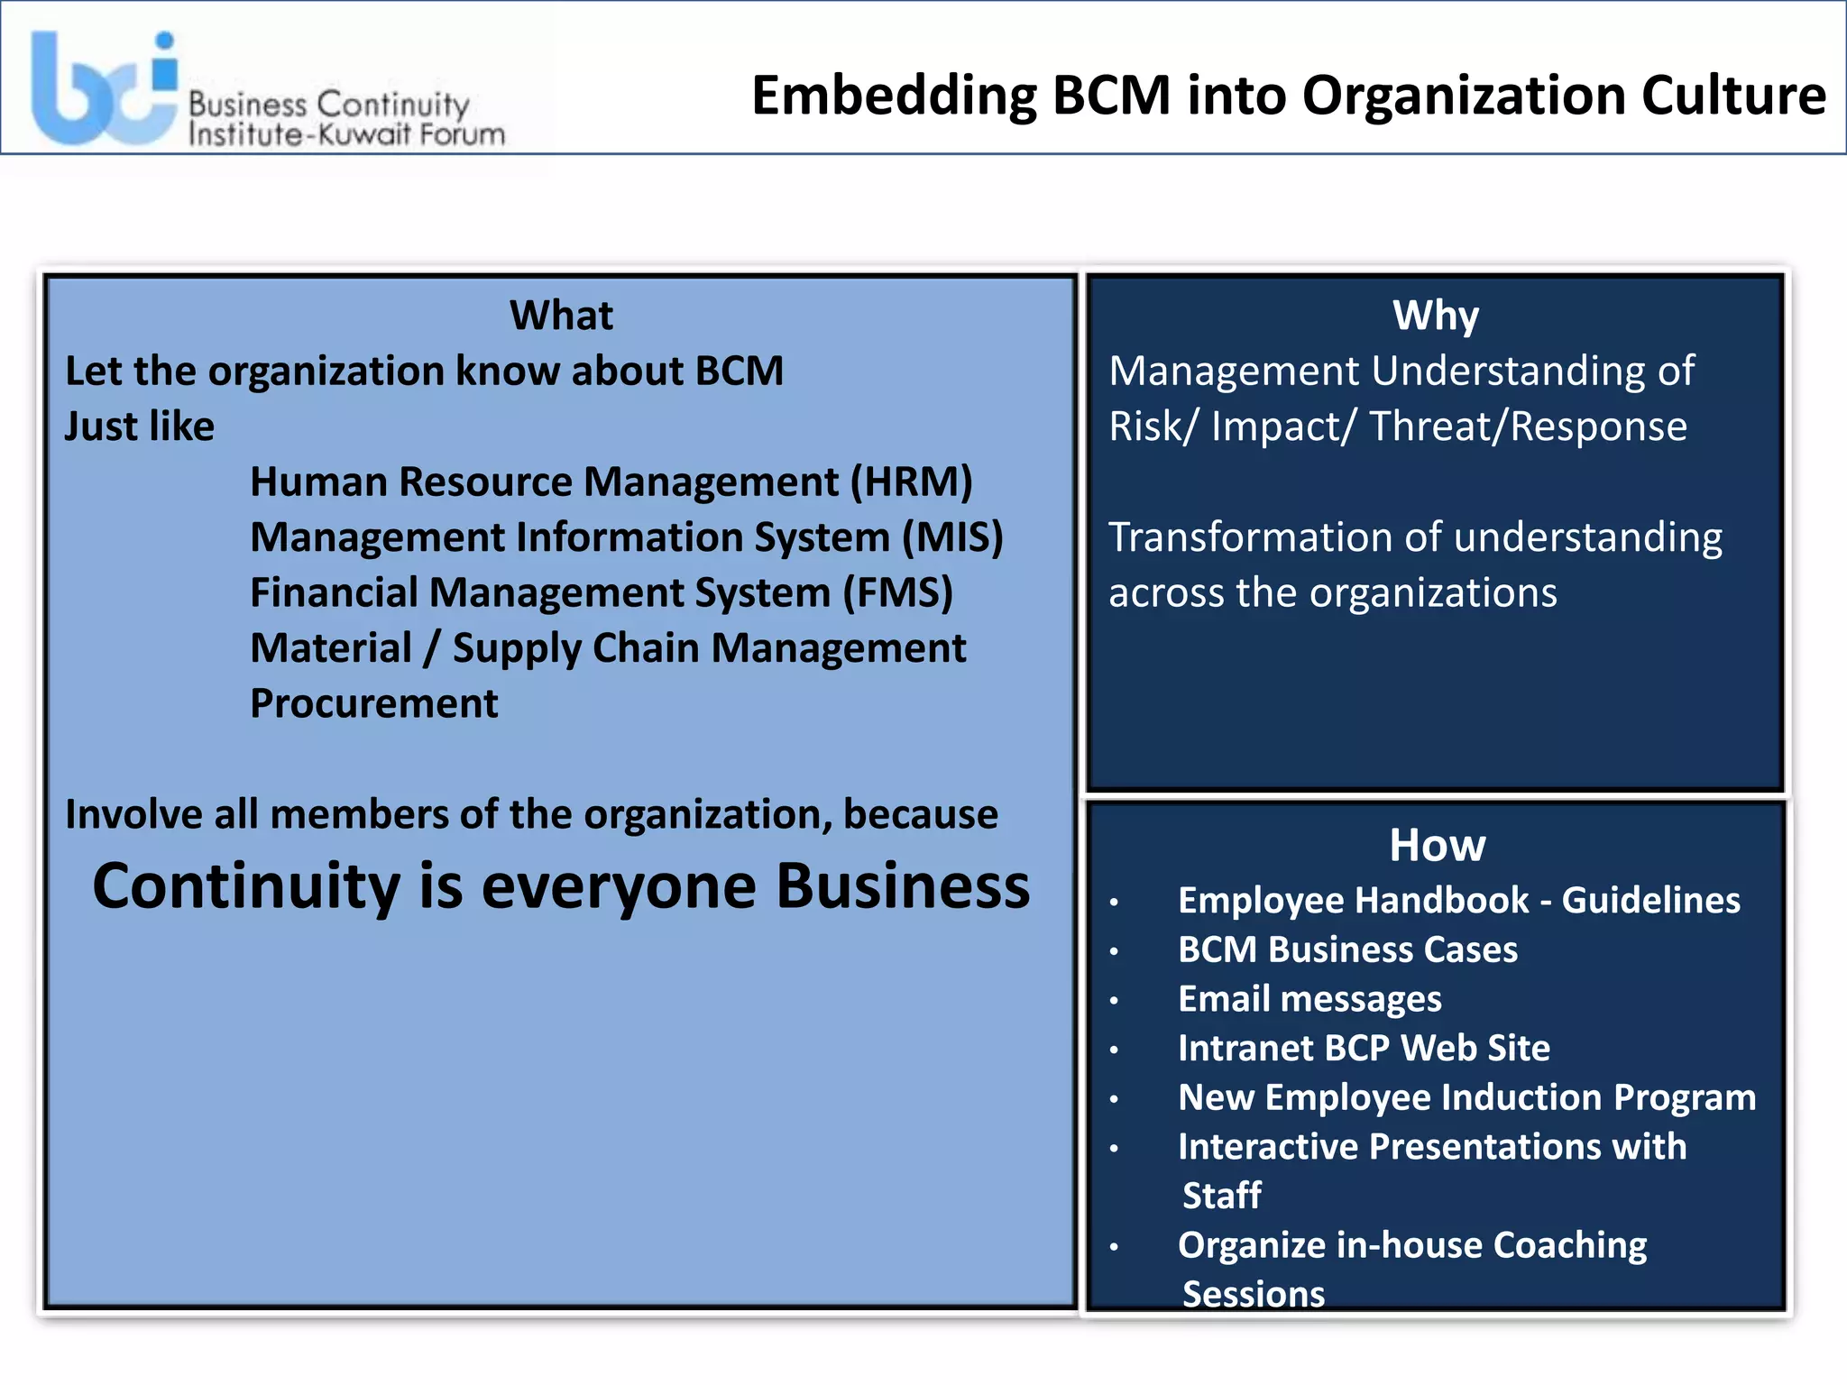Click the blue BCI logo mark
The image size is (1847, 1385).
click(104, 90)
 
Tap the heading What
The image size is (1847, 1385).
click(561, 316)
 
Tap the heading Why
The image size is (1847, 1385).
click(1435, 316)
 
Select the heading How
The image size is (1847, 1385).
click(1437, 846)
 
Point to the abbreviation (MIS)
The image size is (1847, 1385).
click(952, 537)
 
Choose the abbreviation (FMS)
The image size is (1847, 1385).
click(897, 593)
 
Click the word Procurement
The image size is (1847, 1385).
click(373, 704)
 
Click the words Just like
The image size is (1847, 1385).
click(140, 427)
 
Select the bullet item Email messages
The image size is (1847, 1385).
click(1309, 999)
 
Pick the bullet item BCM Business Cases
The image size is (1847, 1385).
click(1347, 949)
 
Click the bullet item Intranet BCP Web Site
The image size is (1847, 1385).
click(1364, 1048)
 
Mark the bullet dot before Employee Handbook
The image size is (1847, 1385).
click(1115, 902)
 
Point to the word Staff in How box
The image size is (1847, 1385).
click(1221, 1196)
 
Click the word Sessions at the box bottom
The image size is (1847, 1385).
click(1253, 1294)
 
